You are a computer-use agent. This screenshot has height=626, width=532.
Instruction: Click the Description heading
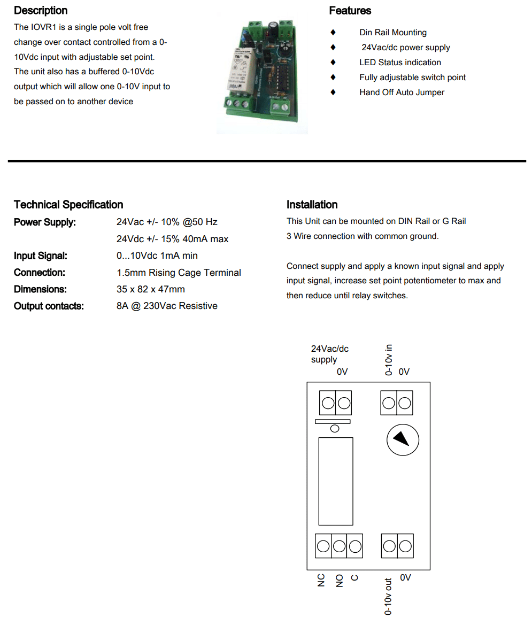coord(41,11)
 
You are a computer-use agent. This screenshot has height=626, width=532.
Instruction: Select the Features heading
coord(350,11)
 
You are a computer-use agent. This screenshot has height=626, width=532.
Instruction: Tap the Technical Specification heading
coord(68,205)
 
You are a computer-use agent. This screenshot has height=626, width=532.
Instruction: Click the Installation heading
coord(312,205)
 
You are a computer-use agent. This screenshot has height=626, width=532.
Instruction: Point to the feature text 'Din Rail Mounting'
coord(392,33)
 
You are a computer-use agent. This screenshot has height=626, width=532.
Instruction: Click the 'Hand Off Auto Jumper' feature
coord(402,92)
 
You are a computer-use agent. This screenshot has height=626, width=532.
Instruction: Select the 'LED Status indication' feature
coord(400,63)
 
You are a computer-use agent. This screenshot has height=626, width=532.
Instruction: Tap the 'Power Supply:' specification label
coord(45,222)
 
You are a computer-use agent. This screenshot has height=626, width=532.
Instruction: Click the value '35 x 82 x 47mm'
coord(151,289)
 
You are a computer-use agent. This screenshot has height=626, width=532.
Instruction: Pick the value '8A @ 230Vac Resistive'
coord(167,306)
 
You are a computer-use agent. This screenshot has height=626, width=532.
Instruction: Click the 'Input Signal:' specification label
coord(41,256)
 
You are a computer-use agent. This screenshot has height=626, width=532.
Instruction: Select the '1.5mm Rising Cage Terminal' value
coord(179,273)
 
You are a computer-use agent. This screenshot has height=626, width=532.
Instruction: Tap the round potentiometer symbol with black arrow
coord(403,439)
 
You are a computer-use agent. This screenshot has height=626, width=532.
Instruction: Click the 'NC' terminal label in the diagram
coord(321,581)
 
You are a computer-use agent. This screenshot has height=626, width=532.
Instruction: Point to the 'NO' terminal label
coord(339,581)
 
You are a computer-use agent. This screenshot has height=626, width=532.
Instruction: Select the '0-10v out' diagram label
coord(389,596)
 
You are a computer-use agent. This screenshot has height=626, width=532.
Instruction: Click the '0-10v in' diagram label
coord(389,360)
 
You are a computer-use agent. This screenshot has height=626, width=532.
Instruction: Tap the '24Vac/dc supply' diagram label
coord(329,354)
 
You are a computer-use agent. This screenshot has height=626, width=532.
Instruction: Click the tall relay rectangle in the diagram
coord(335,481)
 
